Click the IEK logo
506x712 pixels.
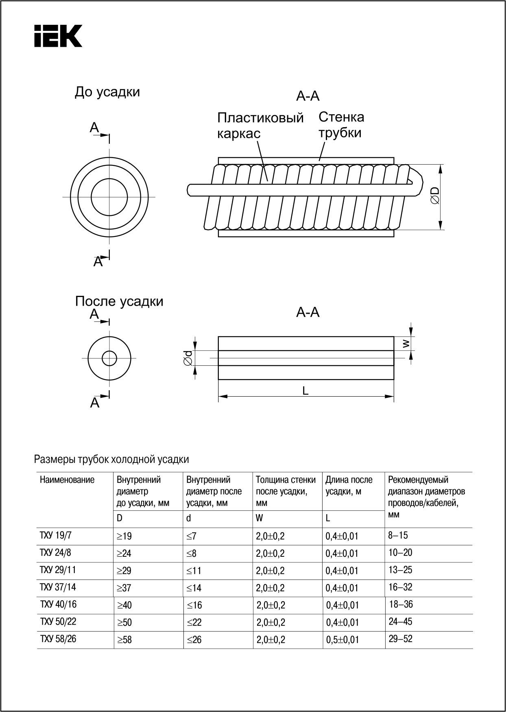(58, 36)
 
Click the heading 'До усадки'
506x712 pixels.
(107, 92)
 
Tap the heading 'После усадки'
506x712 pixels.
(119, 302)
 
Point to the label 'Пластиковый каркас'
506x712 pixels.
(260, 125)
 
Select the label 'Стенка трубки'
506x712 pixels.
(341, 125)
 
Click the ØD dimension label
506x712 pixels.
(435, 196)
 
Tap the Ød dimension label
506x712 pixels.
(188, 358)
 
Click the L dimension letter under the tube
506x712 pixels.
(305, 391)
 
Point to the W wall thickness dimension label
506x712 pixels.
(406, 344)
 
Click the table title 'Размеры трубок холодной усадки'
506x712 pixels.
(111, 460)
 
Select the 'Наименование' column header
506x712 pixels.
(67, 480)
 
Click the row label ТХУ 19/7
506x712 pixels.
(56, 536)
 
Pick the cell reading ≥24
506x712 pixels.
(124, 554)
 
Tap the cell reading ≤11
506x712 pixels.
(194, 571)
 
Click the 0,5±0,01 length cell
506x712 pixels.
(342, 640)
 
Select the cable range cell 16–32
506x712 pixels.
(401, 587)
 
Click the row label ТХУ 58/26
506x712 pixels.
(58, 639)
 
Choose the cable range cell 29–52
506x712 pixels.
(401, 639)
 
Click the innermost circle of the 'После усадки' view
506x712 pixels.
(109, 358)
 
